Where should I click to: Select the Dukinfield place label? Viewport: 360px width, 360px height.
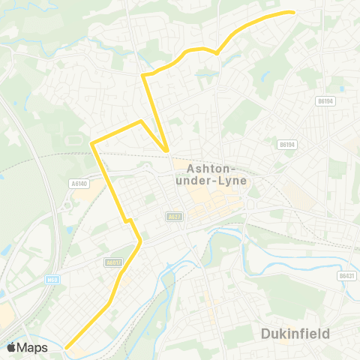tap(295, 333)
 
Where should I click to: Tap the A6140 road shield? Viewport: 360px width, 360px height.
tap(78, 182)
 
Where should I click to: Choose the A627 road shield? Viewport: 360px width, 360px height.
tap(174, 216)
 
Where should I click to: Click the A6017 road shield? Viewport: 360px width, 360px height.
tap(113, 262)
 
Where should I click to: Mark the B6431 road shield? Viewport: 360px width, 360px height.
tap(346, 275)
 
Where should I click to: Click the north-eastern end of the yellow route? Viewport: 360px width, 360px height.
tap(292, 12)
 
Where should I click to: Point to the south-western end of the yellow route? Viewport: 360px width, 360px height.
tap(66, 347)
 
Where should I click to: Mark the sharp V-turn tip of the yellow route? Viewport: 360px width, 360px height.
tap(166, 151)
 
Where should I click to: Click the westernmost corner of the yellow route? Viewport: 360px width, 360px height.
tap(91, 142)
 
